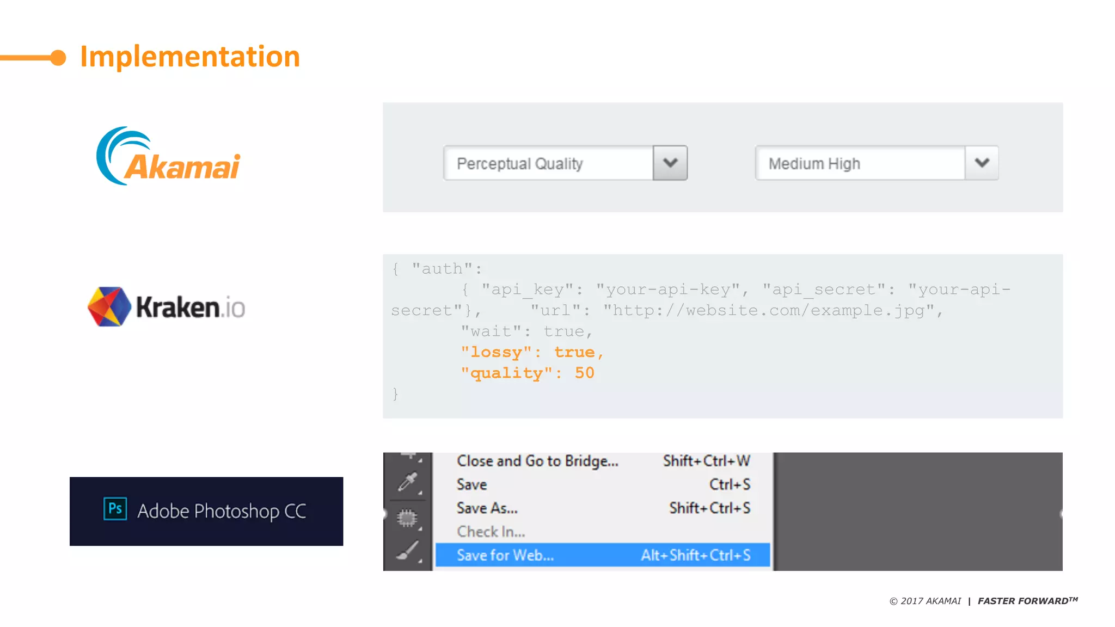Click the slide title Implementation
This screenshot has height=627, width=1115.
point(189,57)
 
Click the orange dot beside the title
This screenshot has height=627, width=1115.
point(58,57)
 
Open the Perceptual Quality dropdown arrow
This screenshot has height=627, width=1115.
point(670,163)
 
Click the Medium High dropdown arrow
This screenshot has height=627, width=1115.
point(982,163)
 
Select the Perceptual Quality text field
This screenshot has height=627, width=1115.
point(548,163)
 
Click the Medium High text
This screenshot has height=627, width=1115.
point(814,163)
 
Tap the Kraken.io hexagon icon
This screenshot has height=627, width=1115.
point(109,306)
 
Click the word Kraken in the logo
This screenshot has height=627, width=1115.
point(177,308)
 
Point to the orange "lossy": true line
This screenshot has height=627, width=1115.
point(531,352)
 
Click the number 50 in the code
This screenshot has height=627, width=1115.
point(584,373)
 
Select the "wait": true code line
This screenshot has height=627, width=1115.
point(526,331)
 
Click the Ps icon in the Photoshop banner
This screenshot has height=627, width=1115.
point(115,509)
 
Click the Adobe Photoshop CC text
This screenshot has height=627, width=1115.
point(222,511)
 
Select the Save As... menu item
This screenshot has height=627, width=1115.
point(487,508)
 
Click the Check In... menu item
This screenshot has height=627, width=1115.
point(491,531)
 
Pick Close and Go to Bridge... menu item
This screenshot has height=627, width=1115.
point(537,461)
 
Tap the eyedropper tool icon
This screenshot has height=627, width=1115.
point(407,482)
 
